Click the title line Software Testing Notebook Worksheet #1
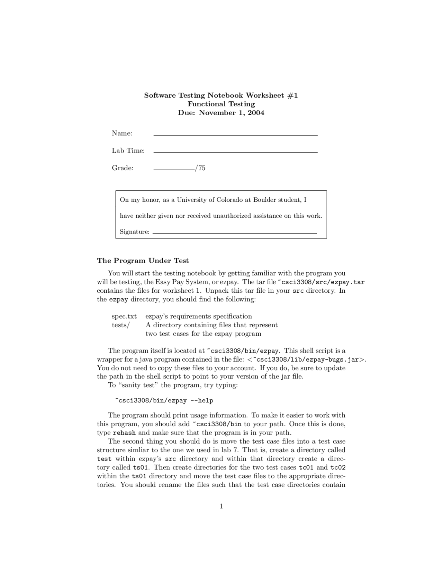221,95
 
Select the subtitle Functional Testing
221,104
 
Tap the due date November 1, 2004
231,112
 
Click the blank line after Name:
235,134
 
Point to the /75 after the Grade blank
200,168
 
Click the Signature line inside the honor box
235,233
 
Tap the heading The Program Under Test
143,261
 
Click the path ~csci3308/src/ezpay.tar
321,282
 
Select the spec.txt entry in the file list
124,316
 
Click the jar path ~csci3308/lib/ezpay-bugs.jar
307,360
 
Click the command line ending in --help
164,401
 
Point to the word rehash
124,433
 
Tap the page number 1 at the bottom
221,507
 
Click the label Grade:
122,168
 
